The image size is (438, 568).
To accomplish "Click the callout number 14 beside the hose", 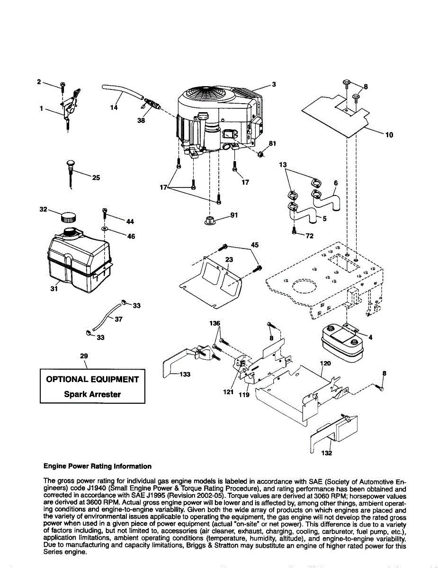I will (x=114, y=107).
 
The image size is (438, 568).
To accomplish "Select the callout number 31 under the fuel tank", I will (x=54, y=289).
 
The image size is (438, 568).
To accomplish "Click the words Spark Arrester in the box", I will (x=92, y=394).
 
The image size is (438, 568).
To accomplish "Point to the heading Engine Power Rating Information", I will (x=98, y=466).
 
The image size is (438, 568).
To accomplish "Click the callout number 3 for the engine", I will (x=274, y=84).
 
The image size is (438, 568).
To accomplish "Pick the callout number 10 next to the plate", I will (x=389, y=135).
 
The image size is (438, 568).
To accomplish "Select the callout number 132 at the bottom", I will (x=327, y=453).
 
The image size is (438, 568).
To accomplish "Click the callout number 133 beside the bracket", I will (x=184, y=374).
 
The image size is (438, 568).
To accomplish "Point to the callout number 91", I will (x=233, y=214).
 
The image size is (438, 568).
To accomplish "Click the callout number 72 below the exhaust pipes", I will (x=310, y=235).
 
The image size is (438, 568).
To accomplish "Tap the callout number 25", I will (x=96, y=178).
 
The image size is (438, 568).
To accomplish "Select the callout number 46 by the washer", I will (x=131, y=236).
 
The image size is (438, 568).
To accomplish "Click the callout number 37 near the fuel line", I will (x=118, y=319).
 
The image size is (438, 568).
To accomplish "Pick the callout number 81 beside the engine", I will (x=272, y=143).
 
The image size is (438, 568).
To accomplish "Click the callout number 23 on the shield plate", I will (x=229, y=259).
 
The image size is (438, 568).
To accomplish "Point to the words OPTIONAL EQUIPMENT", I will (x=92, y=379).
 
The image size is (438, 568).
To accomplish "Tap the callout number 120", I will (x=326, y=363).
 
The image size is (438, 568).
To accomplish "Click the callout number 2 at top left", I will (x=39, y=81).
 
